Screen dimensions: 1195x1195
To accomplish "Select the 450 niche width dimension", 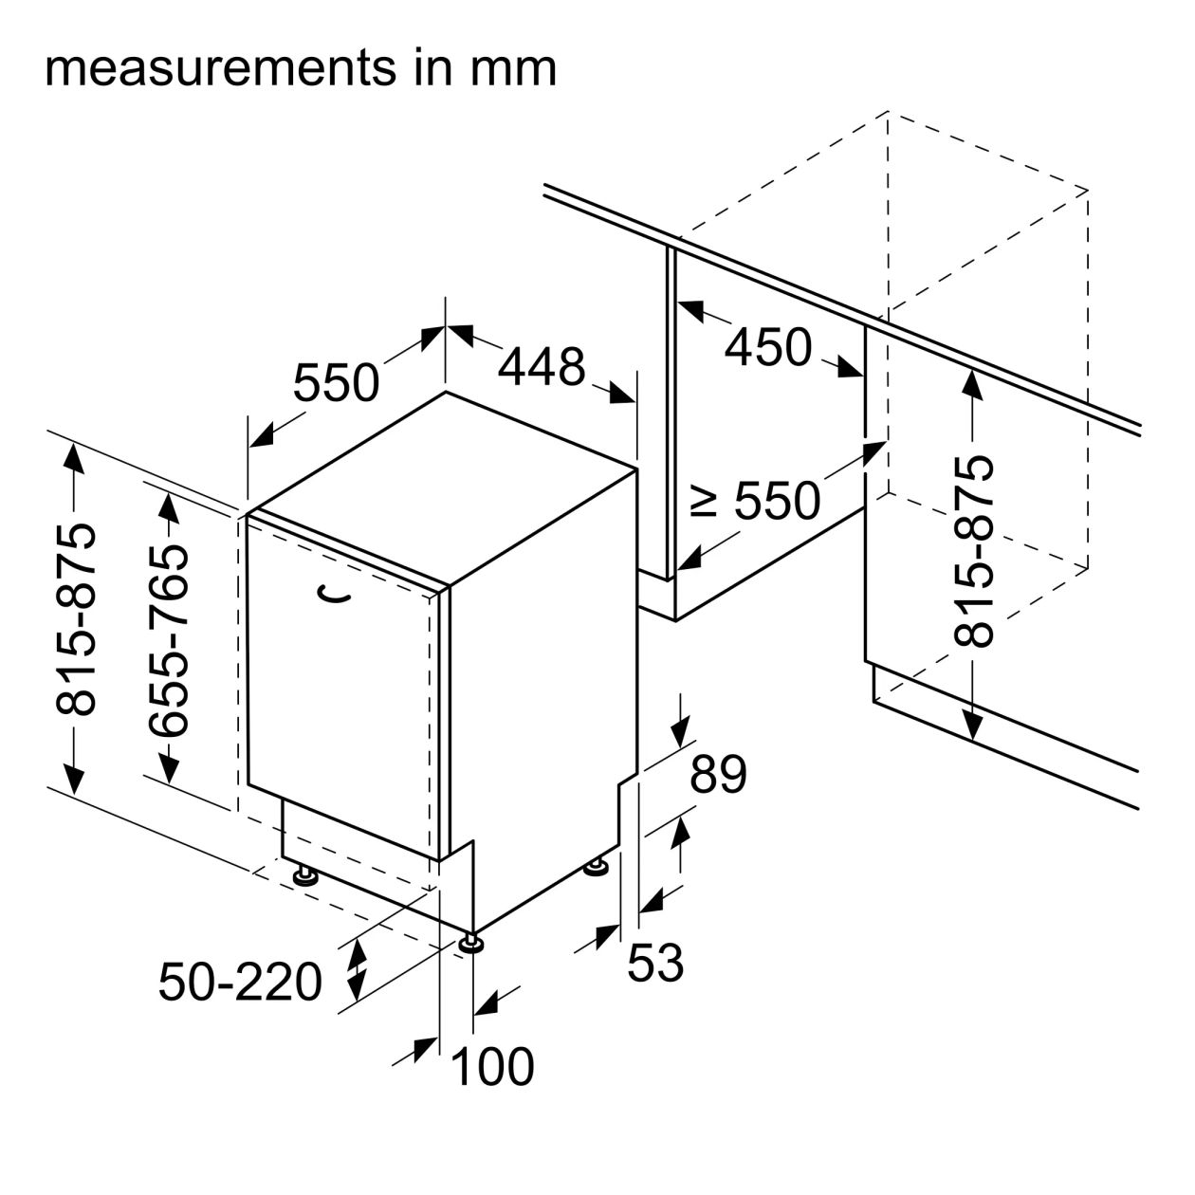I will coord(768,347).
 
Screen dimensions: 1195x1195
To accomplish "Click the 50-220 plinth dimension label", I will coord(240,982).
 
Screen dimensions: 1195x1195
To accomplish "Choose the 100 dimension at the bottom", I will coord(492,1067).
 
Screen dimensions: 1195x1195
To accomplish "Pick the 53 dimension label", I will coord(655,964).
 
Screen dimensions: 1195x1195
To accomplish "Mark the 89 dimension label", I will coord(718,775).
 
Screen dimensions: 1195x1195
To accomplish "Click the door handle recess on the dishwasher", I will coord(334,595).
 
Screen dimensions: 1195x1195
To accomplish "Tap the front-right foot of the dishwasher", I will coord(471,945).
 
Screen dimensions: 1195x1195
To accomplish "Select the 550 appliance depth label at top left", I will coord(336,383).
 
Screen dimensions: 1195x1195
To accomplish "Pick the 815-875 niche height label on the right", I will coord(974,552).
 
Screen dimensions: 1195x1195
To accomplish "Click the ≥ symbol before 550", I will coord(704,500).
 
